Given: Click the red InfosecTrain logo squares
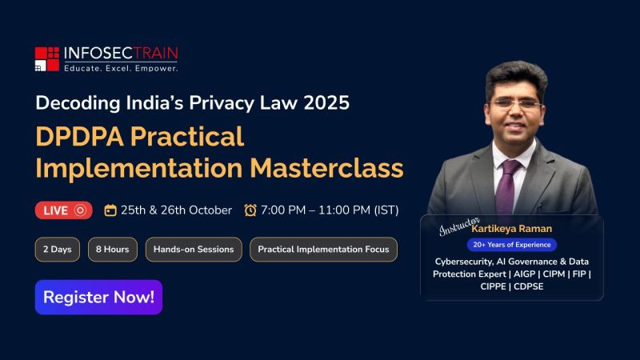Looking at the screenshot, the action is coord(47,59).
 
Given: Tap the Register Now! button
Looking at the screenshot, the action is coord(98,297).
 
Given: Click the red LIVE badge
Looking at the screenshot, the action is coord(64,210).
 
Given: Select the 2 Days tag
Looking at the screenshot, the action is coord(58,250).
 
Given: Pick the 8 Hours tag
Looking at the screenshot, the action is coord(113,250).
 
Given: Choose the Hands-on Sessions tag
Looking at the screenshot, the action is coord(194,250).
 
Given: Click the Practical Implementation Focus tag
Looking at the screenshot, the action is coord(324,250).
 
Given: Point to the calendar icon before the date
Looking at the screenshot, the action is coord(110,210).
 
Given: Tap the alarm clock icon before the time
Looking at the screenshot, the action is coord(250,210).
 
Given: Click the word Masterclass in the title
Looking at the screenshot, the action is coord(326,168).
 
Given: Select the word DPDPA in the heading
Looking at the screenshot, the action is coord(79,136).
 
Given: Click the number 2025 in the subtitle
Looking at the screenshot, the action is coord(326,103).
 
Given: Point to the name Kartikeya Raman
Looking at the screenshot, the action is coord(512,229).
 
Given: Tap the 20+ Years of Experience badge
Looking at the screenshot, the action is coord(512,245).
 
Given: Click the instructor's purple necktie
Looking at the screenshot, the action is coord(506,188).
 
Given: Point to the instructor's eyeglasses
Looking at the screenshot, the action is coord(516,104).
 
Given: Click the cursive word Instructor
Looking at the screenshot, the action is coord(459,226).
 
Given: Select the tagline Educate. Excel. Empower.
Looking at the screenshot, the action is coord(121,69).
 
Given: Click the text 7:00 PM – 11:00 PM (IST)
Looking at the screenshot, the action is coord(330,210).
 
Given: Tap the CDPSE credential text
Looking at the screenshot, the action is coord(529,286).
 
